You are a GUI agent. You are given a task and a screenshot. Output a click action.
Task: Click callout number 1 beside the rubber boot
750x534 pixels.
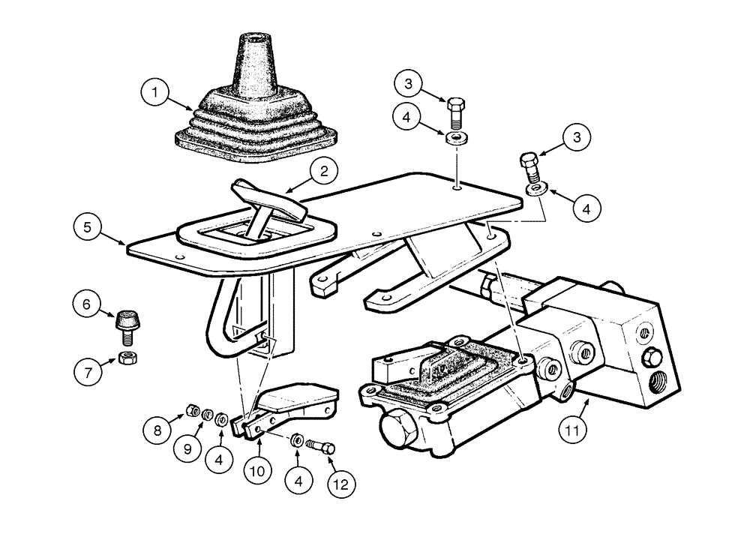156,94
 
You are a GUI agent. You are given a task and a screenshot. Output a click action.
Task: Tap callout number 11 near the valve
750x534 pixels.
572,431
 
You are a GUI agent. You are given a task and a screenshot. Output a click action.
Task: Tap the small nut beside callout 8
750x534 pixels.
191,410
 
